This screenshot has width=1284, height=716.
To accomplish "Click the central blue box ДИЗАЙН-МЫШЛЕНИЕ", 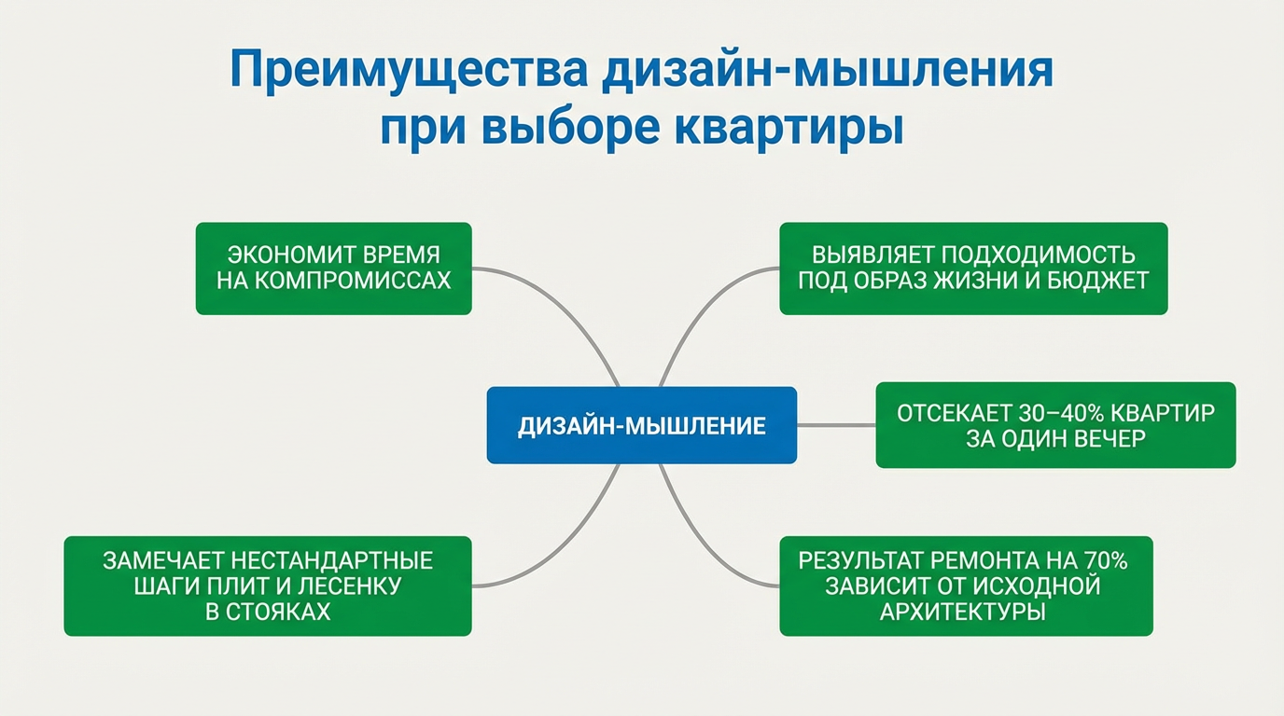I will (x=641, y=425).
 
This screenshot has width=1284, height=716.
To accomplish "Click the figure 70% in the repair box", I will (x=1107, y=561).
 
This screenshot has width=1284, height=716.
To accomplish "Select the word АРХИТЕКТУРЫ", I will (x=962, y=612).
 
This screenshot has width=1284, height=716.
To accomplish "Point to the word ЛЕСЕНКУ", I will (x=356, y=586).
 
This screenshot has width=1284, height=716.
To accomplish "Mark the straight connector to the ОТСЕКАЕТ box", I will (x=836, y=425).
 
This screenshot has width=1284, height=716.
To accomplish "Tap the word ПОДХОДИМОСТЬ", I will (x=1036, y=255).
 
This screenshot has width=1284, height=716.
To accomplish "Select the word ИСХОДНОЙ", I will (x=1037, y=586).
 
